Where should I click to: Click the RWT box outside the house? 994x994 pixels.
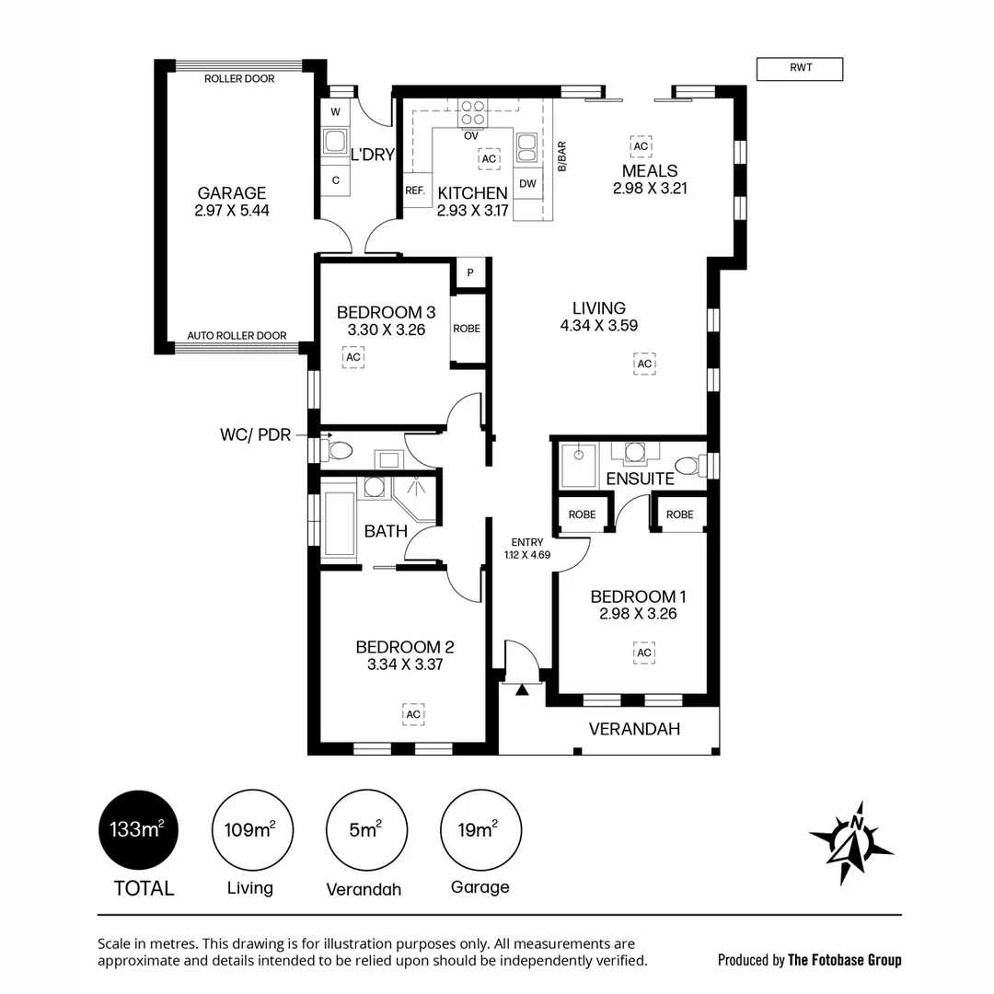click(800, 69)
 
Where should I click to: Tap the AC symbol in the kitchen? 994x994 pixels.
click(489, 158)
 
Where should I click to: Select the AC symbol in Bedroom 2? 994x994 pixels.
click(413, 714)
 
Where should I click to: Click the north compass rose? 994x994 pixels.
click(851, 843)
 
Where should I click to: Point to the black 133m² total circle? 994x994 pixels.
click(138, 830)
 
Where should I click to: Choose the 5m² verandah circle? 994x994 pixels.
click(366, 830)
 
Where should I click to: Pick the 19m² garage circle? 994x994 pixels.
click(480, 830)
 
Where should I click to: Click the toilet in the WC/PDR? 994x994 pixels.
click(336, 451)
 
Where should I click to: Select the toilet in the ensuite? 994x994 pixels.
click(691, 466)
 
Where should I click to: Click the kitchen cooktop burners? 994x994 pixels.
click(473, 113)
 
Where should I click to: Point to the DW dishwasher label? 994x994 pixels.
click(527, 184)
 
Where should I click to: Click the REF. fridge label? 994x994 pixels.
click(415, 191)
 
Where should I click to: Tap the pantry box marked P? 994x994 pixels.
click(470, 273)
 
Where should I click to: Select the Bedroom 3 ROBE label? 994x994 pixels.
click(467, 329)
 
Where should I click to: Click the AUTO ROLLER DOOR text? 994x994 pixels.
click(237, 335)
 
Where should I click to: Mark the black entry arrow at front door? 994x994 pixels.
click(522, 689)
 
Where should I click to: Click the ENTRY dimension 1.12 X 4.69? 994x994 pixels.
click(527, 555)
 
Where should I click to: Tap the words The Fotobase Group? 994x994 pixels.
click(844, 960)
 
